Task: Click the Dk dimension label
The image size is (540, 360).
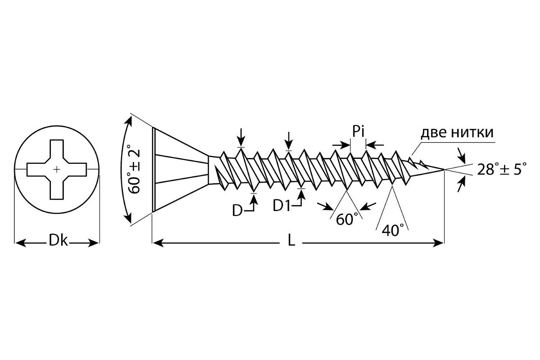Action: [x=58, y=240]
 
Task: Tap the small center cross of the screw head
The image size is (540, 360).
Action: [x=57, y=170]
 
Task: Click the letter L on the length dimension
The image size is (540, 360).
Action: [x=292, y=240]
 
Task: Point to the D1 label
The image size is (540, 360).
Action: [x=282, y=206]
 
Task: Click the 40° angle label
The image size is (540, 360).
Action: [x=393, y=230]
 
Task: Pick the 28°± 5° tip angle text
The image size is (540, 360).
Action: [x=502, y=169]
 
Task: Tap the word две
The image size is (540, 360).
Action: [x=434, y=133]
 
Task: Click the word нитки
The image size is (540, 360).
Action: [x=473, y=133]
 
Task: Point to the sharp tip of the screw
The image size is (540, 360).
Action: [x=444, y=170]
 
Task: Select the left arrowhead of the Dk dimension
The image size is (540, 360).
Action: [x=20, y=243]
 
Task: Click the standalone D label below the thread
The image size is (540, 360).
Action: [x=237, y=211]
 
